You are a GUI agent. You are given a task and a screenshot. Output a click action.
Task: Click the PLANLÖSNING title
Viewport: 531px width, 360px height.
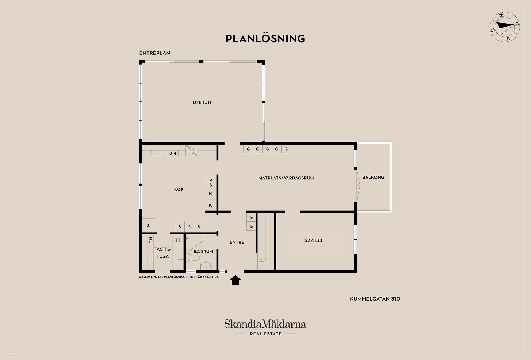click(265, 38)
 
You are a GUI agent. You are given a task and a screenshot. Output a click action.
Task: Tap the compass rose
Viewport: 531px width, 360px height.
click(505, 31)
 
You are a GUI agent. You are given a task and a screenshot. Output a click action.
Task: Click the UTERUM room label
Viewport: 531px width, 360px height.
click(202, 103)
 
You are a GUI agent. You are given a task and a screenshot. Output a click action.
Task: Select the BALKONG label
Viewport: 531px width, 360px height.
click(373, 177)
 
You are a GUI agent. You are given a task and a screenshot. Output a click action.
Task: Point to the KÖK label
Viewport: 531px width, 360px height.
click(179, 189)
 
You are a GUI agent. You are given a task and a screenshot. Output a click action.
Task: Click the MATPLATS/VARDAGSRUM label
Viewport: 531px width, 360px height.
click(286, 178)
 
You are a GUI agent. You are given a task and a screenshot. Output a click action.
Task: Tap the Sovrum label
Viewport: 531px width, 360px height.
click(313, 240)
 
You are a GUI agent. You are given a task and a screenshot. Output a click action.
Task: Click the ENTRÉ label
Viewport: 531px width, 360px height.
click(237, 242)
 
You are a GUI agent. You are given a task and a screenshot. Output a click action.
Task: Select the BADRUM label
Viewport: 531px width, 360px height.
click(203, 252)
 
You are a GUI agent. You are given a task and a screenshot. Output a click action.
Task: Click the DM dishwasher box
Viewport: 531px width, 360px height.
click(173, 153)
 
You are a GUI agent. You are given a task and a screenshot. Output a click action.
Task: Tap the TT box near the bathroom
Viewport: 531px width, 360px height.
click(178, 240)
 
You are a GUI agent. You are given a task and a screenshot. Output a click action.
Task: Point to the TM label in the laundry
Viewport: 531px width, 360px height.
click(150, 240)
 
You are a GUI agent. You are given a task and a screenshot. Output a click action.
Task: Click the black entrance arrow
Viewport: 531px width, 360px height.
click(235, 280)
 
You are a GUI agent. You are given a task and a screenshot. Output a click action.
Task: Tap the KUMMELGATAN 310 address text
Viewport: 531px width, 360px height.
click(375, 299)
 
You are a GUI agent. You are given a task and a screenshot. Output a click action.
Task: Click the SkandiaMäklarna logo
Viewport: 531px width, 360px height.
click(265, 327)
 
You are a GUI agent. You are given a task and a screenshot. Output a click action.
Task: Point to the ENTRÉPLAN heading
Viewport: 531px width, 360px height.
click(155, 53)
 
